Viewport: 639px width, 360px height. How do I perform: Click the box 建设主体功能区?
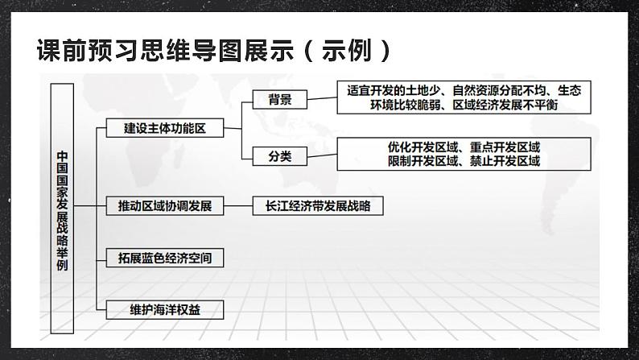point(164,127)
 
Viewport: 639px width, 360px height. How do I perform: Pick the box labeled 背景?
point(279,100)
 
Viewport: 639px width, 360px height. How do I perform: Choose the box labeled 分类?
point(279,155)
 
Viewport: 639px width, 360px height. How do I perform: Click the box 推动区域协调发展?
point(164,206)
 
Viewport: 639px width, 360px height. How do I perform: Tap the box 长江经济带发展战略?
point(318,206)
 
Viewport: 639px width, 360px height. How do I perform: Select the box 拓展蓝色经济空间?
point(164,258)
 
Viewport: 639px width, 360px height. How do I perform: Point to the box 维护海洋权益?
point(164,309)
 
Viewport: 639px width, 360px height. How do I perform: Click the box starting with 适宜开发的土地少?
point(464,98)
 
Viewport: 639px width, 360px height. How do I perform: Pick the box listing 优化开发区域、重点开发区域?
point(464,154)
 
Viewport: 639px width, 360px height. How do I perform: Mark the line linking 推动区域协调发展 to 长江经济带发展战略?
point(238,206)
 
